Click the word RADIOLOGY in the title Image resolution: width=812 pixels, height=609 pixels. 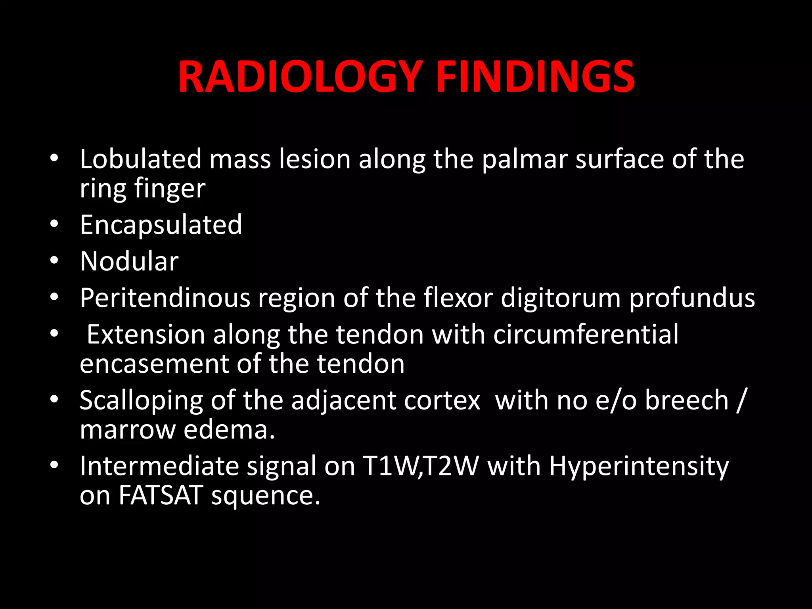tap(300, 77)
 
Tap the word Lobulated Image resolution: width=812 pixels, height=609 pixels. tap(141, 159)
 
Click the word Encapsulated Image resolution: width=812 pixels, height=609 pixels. tap(161, 225)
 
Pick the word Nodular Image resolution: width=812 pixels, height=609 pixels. tap(129, 262)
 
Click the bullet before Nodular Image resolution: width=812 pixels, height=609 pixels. tap(54, 260)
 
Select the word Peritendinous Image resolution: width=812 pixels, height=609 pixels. tap(165, 298)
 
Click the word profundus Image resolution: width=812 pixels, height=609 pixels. tap(692, 298)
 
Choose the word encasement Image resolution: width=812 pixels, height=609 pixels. tap(154, 364)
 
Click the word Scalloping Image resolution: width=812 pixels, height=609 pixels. tap(142, 400)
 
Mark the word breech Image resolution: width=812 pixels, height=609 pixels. tap(686, 400)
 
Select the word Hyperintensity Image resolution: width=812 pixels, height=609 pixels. tap(639, 467)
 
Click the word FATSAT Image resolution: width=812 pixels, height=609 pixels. tap(161, 496)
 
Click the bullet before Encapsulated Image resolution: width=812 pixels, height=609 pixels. tap(54, 224)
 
